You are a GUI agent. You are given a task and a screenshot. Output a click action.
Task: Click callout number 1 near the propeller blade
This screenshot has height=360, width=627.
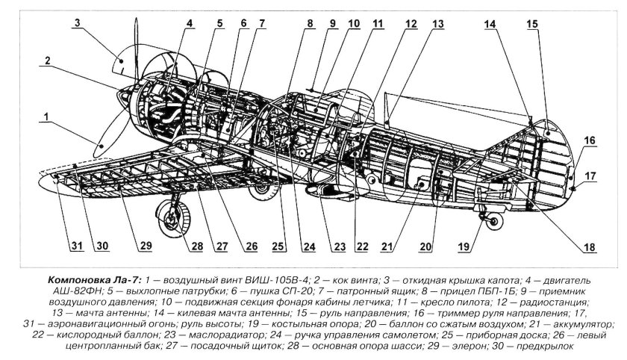point(46,117)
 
